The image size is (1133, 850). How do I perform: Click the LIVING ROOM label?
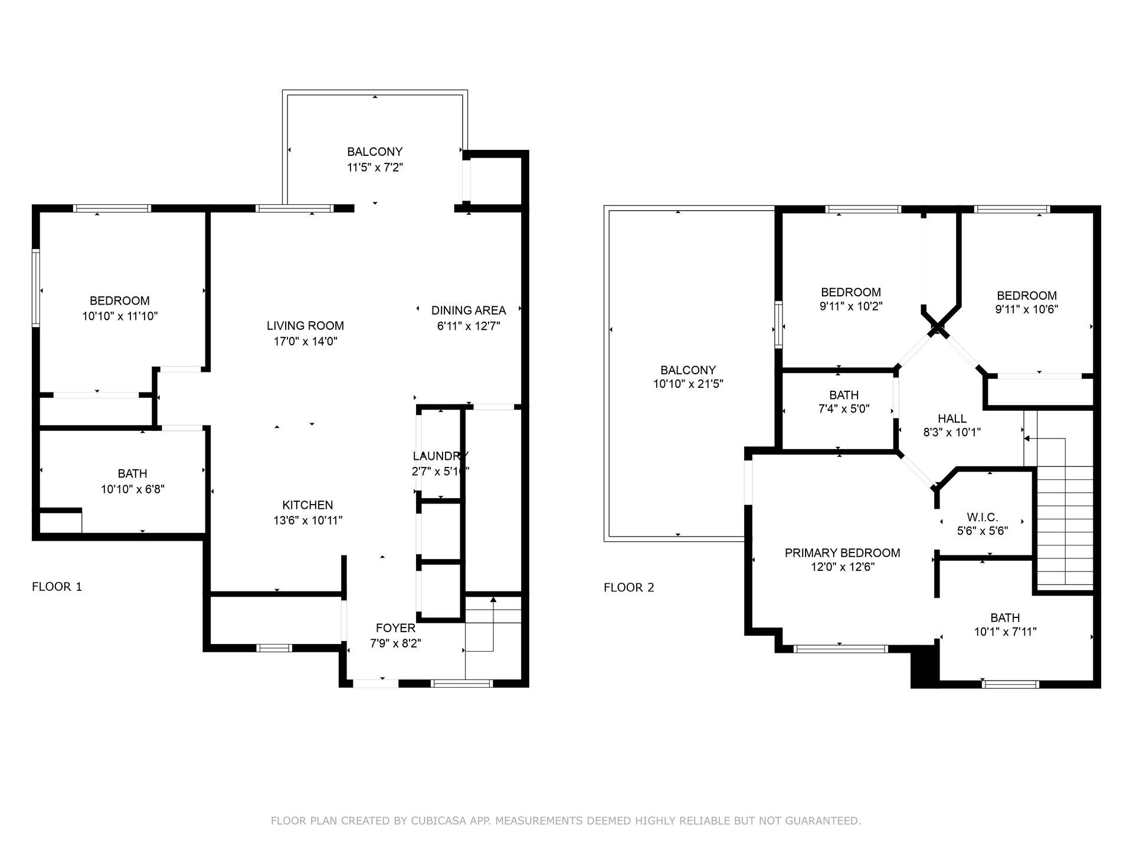305,326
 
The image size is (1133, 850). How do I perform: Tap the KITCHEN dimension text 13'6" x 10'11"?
307,521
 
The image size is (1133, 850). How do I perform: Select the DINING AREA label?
469,310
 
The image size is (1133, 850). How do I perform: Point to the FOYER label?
395,628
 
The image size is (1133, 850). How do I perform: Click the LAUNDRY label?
440,456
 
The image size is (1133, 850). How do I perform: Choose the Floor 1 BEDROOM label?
120,300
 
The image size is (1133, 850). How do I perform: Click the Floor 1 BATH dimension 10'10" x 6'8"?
132,489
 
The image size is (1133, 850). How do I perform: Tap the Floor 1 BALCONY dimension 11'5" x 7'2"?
375,168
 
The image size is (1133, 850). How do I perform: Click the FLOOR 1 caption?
57,587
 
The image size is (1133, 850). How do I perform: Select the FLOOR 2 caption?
629,588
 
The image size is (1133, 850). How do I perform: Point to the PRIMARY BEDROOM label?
842,553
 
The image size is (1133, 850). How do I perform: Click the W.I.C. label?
982,518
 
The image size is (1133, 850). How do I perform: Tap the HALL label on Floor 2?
952,419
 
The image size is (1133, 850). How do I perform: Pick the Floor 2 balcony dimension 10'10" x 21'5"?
688,384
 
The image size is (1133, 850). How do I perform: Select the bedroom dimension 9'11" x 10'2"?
851,306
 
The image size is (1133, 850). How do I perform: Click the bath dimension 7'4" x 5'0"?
844,409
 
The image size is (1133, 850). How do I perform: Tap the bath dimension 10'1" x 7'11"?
1005,632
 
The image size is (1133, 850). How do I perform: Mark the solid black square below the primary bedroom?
925,666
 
